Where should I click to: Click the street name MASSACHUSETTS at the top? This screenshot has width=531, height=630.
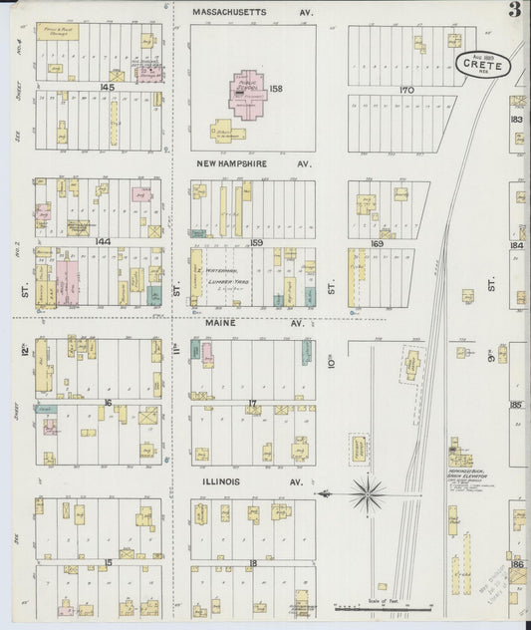pos(229,11)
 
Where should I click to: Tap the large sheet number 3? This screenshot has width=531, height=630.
pos(513,12)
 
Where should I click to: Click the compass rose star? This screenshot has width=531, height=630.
pos(368,490)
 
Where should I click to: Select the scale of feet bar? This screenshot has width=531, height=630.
pos(384,606)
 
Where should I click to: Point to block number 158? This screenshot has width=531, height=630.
pos(276,89)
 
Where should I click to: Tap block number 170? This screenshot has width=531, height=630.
pos(404,90)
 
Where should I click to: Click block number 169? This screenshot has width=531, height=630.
pos(377,242)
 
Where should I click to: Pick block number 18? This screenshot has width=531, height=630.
pos(253,562)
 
